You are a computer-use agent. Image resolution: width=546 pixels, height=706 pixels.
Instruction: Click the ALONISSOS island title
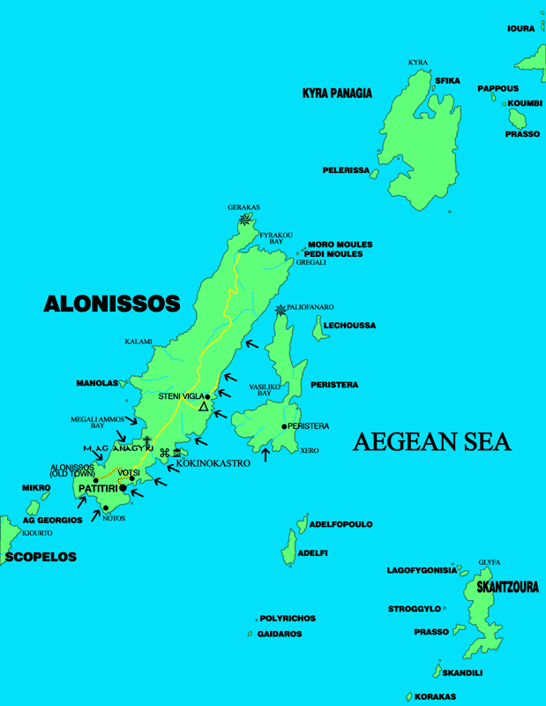[112, 304]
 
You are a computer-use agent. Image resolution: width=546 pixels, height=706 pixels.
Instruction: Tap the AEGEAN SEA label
[432, 442]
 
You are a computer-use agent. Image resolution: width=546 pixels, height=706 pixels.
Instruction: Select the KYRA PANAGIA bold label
[337, 93]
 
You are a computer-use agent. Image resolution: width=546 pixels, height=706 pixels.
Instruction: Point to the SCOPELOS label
[41, 557]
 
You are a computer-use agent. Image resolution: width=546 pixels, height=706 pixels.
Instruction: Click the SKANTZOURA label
[507, 586]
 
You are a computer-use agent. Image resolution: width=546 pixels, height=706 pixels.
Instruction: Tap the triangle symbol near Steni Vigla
[203, 406]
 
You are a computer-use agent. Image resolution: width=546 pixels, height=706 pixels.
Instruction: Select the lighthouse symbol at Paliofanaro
[280, 310]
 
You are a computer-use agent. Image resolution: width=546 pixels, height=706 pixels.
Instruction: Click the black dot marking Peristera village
[284, 427]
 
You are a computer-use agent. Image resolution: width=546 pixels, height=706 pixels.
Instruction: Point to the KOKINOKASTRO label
[213, 462]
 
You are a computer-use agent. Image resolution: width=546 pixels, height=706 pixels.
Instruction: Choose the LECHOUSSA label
[349, 326]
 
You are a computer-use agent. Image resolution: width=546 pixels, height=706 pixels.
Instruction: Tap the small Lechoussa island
[318, 329]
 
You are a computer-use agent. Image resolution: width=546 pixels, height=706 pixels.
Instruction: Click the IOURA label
[520, 28]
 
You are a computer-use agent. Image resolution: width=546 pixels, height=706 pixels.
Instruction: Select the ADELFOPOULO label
[340, 524]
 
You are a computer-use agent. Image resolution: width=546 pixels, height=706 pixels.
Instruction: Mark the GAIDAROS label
[280, 634]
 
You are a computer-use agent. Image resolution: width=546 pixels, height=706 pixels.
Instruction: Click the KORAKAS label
[435, 696]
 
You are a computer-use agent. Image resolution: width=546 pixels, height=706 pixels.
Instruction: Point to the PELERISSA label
[346, 169]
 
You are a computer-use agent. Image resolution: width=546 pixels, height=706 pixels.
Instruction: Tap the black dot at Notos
[106, 507]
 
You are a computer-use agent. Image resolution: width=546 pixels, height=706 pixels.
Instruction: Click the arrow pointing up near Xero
[266, 455]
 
